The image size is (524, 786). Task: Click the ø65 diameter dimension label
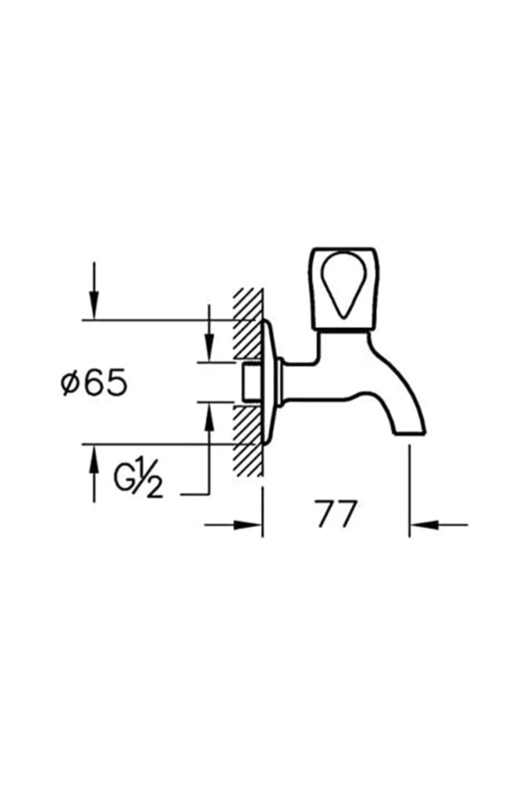click(94, 383)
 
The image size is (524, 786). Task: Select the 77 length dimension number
click(336, 514)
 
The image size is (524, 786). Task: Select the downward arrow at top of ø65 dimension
click(94, 306)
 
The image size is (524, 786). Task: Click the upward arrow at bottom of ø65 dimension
click(94, 458)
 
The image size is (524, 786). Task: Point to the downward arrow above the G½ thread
click(210, 345)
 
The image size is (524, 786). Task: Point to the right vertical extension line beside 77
click(409, 489)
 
